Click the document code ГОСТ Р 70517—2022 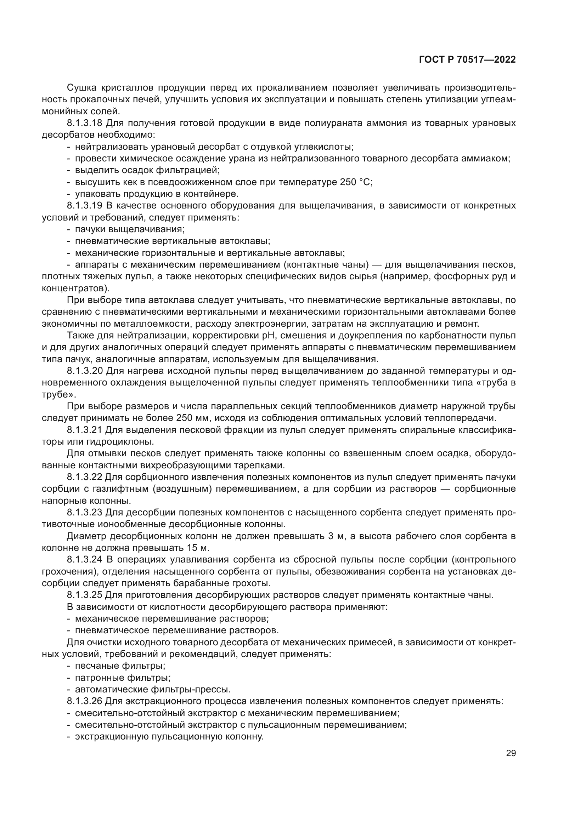pos(467,60)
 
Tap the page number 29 pos(511,753)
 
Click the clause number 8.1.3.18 pos(85,123)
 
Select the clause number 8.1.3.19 pos(85,206)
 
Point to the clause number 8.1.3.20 pos(85,371)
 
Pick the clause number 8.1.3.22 pos(85,477)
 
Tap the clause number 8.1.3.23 pos(85,513)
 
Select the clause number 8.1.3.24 pos(85,560)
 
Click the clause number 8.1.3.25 pos(85,595)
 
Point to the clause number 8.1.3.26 pos(85,701)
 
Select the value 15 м pos(198,548)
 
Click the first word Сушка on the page pos(80,88)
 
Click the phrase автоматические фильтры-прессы pos(153,690)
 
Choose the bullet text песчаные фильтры pos(120,666)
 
